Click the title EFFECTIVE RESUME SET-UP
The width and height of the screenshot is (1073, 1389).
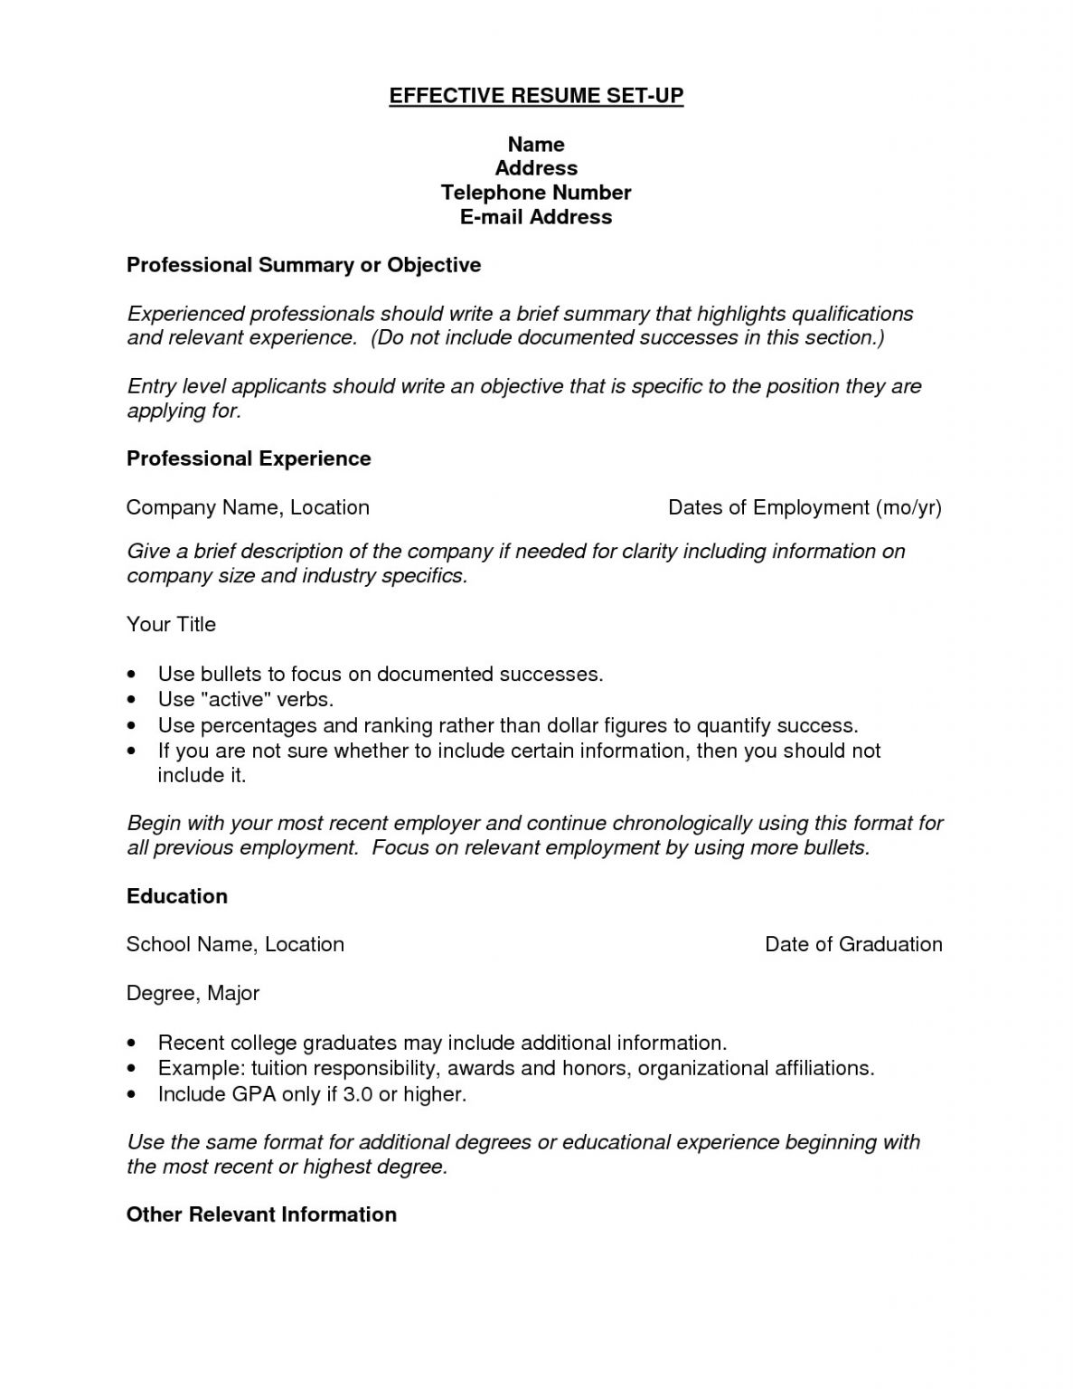pyautogui.click(x=536, y=96)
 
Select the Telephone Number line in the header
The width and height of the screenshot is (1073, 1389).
pyautogui.click(x=536, y=193)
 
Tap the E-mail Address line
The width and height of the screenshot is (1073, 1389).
pyautogui.click(x=536, y=217)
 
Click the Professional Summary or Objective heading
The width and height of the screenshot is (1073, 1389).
pyautogui.click(x=304, y=265)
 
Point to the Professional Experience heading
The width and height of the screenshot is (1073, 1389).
pyautogui.click(x=249, y=458)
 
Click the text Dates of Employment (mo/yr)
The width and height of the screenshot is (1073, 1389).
pyautogui.click(x=805, y=507)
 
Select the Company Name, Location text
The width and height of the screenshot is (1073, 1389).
pyautogui.click(x=248, y=507)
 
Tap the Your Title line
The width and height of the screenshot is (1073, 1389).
pyautogui.click(x=171, y=624)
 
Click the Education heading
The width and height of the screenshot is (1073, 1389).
pyautogui.click(x=177, y=896)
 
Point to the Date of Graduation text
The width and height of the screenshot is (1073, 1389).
pyautogui.click(x=853, y=944)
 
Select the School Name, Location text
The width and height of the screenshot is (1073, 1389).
pyautogui.click(x=235, y=944)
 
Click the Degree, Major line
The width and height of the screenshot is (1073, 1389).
pyautogui.click(x=193, y=993)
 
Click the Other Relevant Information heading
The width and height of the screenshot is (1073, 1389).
pyautogui.click(x=261, y=1214)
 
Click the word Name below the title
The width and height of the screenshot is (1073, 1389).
pyautogui.click(x=536, y=145)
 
